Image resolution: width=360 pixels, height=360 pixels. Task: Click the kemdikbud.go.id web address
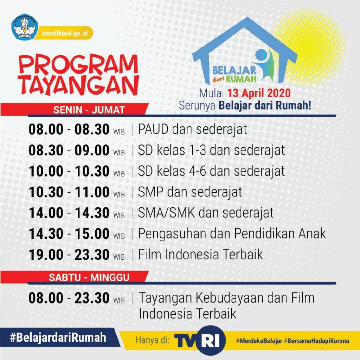tap(65, 33)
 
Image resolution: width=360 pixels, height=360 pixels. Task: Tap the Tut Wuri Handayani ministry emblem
tap(25, 27)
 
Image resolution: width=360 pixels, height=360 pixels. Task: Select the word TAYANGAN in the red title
tap(79, 85)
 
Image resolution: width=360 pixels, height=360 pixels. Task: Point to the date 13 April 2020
tap(259, 94)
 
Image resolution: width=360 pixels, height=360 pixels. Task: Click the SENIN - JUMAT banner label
tap(89, 110)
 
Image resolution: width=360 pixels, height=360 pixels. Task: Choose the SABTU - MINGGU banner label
tap(89, 278)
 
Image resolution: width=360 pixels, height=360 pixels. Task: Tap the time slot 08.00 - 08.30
tap(69, 129)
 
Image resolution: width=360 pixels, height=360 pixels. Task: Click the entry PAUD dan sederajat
tap(192, 129)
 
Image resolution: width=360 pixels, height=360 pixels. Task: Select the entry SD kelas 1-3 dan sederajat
tap(211, 150)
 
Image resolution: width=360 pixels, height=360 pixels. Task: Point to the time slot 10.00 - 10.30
tap(69, 171)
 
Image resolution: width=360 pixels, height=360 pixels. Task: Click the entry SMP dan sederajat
tap(190, 192)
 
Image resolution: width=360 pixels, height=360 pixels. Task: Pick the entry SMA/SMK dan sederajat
tap(206, 213)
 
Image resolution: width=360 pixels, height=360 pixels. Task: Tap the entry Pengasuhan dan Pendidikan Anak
tap(232, 234)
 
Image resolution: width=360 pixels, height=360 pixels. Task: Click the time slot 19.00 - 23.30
tap(69, 255)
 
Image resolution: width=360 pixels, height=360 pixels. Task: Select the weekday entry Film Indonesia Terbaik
tap(200, 255)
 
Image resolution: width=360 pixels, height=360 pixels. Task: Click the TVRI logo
tap(200, 340)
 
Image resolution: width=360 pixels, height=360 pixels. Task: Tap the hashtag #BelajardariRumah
tap(58, 337)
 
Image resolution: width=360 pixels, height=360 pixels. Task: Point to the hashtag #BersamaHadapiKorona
tap(317, 341)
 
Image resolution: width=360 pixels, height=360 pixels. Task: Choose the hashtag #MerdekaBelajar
tap(259, 341)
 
